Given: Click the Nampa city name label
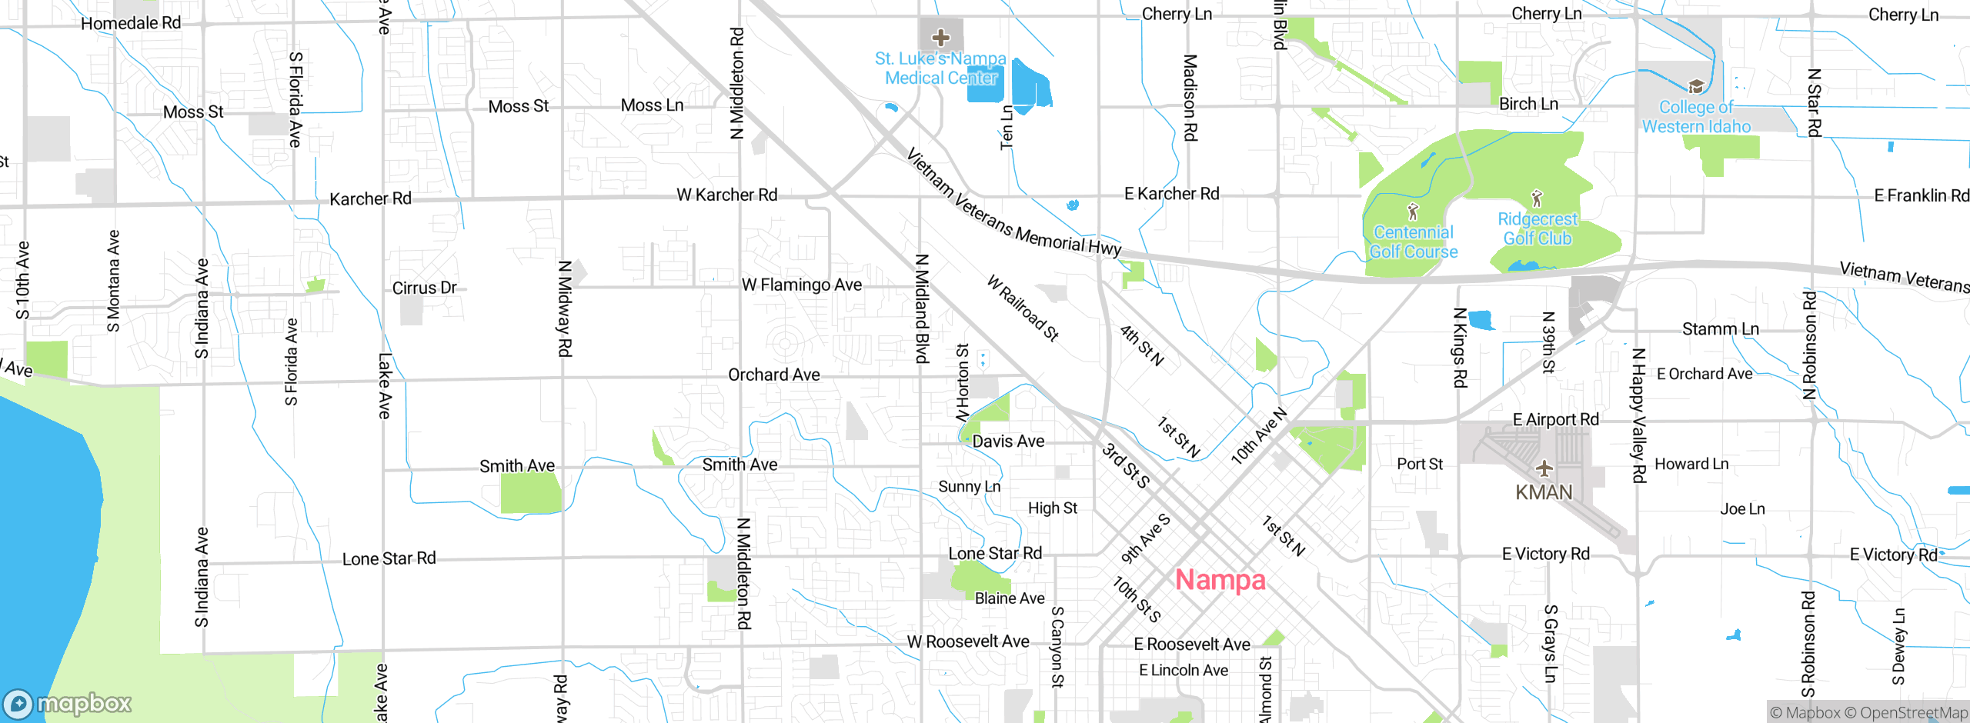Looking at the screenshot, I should tap(1220, 580).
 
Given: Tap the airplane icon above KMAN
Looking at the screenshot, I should tap(1544, 468).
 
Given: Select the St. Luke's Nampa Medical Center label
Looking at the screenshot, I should tap(940, 68).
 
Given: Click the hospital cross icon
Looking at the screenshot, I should tap(940, 37).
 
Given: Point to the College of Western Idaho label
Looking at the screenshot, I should tap(1696, 117).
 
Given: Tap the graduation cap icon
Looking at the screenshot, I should tap(1696, 86).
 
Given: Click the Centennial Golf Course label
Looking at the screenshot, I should tap(1413, 242).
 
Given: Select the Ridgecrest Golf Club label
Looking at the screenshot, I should tap(1537, 228).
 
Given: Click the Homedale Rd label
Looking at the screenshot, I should tap(131, 23).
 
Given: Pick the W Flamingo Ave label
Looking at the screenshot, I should tap(801, 285).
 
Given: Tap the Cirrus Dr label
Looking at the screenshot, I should tap(424, 288).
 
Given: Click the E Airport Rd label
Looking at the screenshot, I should tap(1555, 420).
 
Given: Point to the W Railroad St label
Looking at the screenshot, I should tap(1023, 308).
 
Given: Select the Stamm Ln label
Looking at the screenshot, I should tap(1720, 329).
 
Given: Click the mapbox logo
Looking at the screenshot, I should tap(68, 703).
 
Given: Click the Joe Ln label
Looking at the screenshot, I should tap(1742, 509).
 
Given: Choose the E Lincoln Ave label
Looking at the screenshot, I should tap(1183, 671).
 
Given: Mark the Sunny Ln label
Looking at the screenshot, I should tap(969, 487).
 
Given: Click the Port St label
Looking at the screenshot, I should tap(1419, 465).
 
